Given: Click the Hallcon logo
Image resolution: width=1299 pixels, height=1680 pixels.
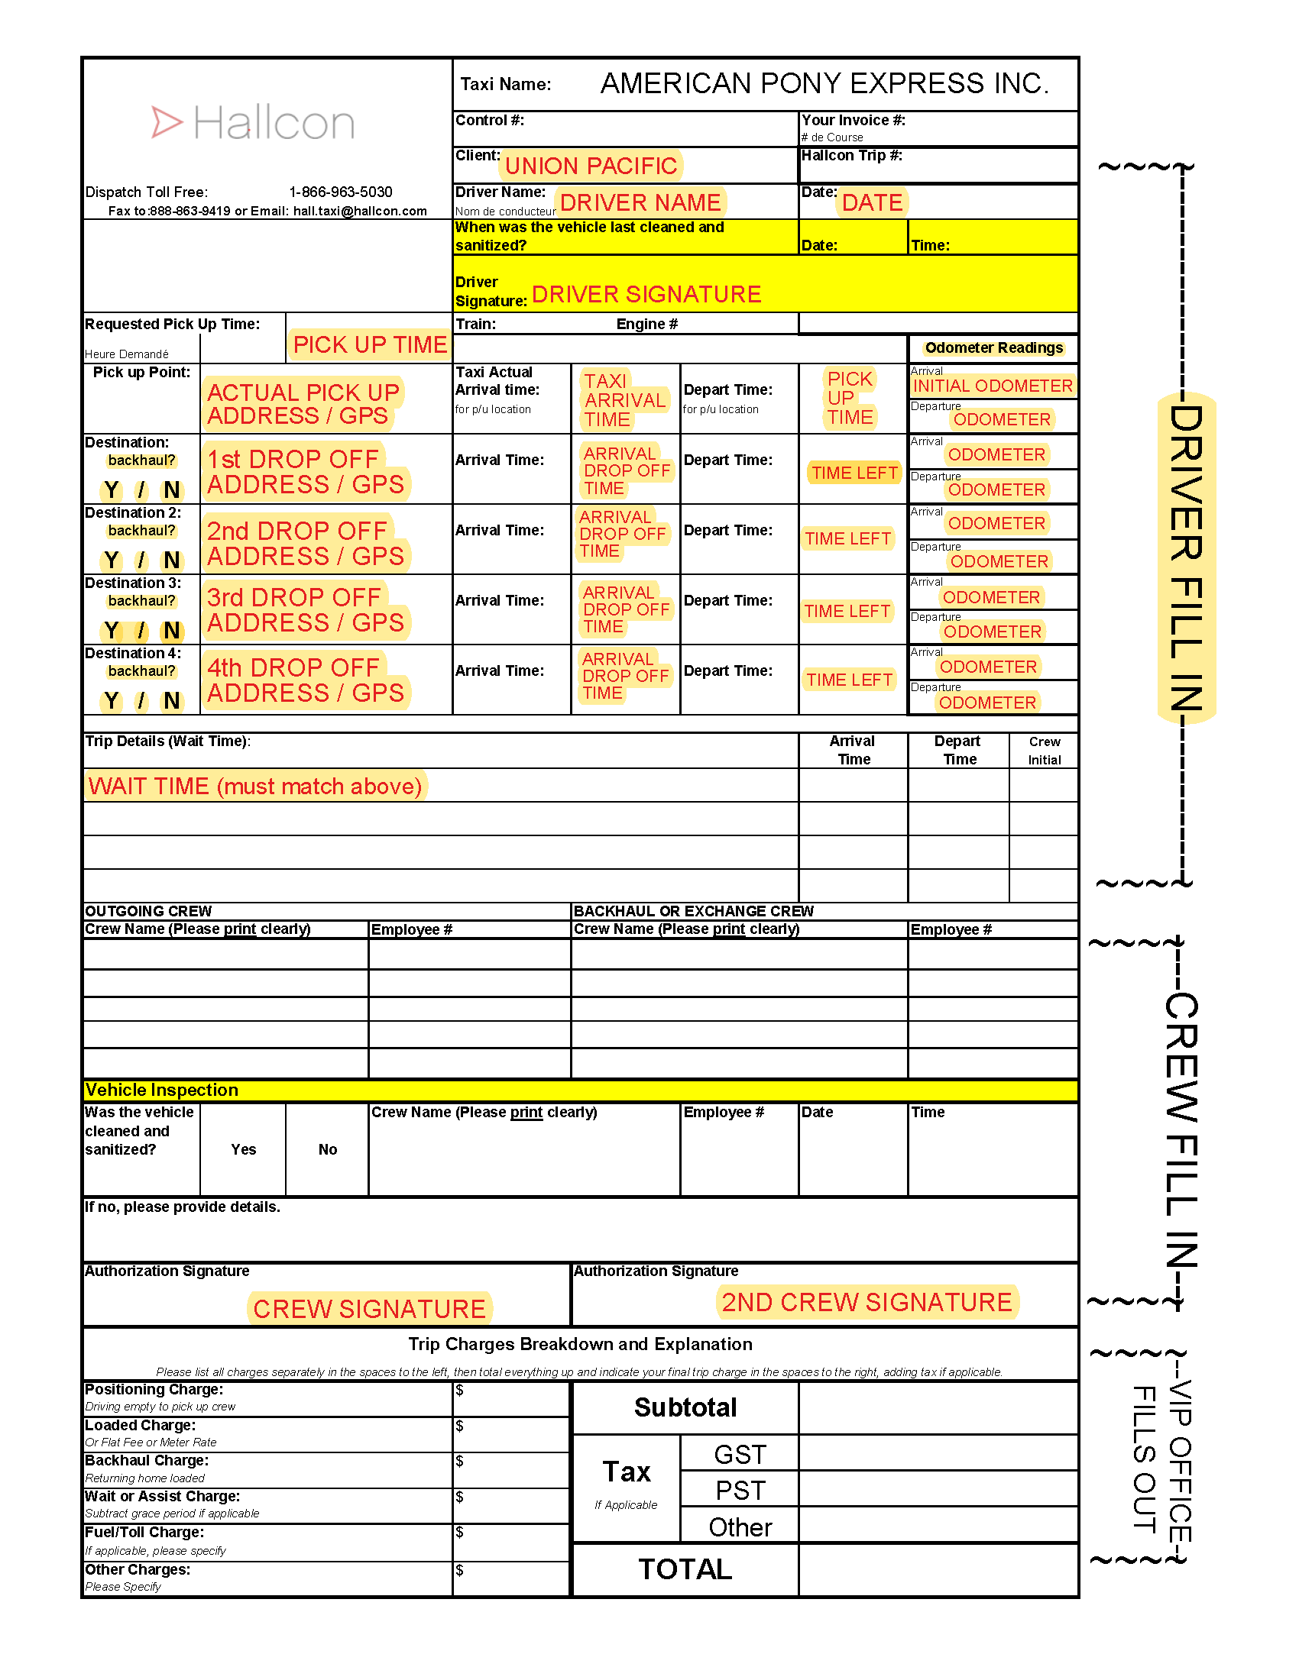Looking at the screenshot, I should [x=253, y=123].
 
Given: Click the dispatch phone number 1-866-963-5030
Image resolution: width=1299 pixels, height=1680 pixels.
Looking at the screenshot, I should [x=340, y=192].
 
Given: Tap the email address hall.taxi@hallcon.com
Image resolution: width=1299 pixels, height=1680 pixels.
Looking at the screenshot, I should [x=359, y=211].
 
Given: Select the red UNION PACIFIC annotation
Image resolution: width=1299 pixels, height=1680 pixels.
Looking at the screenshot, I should [x=590, y=166].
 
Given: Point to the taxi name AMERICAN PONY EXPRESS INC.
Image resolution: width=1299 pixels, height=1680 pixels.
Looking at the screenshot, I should [x=824, y=83].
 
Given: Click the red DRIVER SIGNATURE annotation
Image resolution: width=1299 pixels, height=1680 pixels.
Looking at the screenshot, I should [x=646, y=294].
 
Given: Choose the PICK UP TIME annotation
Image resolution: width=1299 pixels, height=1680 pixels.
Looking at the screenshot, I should [x=369, y=344].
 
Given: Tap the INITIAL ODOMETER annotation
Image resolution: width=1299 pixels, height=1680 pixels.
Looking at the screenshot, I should [x=992, y=386].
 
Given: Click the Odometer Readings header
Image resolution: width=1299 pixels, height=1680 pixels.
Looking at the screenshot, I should [x=993, y=347].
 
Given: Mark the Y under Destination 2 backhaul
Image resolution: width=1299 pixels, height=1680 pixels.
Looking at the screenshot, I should [x=112, y=560].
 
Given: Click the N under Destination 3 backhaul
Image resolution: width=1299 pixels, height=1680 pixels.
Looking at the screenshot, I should [x=172, y=631].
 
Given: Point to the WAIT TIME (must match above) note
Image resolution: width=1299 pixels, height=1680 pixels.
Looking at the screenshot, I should [x=254, y=786].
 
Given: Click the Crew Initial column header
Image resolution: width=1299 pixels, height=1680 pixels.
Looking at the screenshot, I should [x=1044, y=751].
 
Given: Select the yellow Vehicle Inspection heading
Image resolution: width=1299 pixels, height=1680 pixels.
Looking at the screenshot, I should [x=161, y=1090].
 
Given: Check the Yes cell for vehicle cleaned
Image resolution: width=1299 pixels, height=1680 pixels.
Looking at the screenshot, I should [x=243, y=1149].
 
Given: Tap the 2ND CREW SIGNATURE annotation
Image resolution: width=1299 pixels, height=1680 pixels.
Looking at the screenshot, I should [x=867, y=1301].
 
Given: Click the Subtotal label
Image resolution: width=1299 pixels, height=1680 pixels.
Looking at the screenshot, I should [x=685, y=1407].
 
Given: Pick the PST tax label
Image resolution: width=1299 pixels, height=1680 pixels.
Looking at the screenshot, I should [x=740, y=1491].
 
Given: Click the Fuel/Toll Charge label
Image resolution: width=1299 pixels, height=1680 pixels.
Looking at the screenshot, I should [x=144, y=1533].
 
